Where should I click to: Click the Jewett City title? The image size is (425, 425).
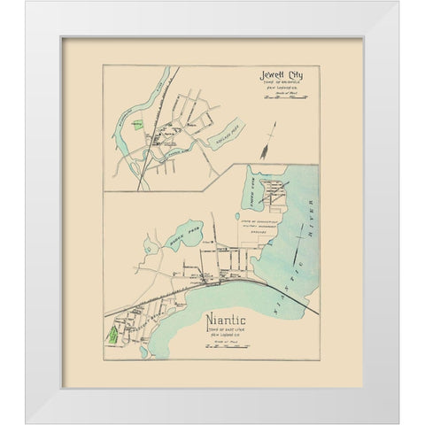coord(279,75)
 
